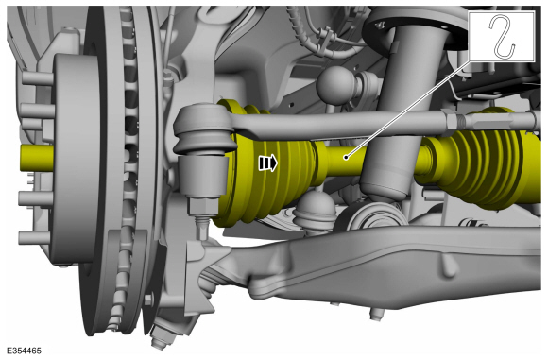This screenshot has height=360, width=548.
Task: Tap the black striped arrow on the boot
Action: click(267, 163)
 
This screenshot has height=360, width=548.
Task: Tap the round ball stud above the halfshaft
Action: click(336, 88)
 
